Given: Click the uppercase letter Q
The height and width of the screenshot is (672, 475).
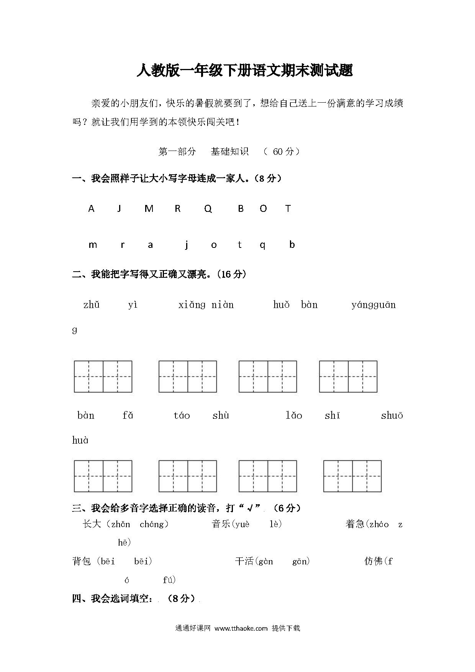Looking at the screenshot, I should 208,209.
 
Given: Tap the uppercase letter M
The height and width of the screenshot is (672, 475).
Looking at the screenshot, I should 149,209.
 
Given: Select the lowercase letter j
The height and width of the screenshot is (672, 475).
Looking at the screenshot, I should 187,245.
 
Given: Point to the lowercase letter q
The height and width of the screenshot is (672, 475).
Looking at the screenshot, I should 262,245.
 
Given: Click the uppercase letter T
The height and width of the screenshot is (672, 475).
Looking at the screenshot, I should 288,209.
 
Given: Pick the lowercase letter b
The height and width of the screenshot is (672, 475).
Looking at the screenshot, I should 292,244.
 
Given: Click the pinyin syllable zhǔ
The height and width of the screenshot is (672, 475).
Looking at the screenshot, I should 92,305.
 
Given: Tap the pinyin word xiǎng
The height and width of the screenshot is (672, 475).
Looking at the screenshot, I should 192,305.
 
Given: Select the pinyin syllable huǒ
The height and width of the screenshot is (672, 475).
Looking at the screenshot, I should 281,305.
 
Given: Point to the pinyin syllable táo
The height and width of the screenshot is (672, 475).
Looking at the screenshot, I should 182,416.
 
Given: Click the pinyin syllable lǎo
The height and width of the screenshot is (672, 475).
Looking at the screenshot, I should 294,416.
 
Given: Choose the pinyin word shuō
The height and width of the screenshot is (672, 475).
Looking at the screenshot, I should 392,416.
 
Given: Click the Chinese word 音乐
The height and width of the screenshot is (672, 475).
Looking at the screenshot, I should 221,524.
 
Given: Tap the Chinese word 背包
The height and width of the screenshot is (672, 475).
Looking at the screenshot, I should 82,561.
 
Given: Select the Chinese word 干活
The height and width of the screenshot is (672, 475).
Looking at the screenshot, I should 244,561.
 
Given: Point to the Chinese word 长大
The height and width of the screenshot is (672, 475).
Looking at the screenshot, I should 92,524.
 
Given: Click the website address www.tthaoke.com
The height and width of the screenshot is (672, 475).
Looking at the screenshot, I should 241,628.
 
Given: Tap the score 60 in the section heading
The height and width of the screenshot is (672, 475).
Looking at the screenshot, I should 278,152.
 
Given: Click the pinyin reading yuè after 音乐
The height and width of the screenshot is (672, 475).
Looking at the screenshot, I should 242,524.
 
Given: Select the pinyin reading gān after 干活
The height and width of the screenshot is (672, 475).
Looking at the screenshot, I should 300,562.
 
